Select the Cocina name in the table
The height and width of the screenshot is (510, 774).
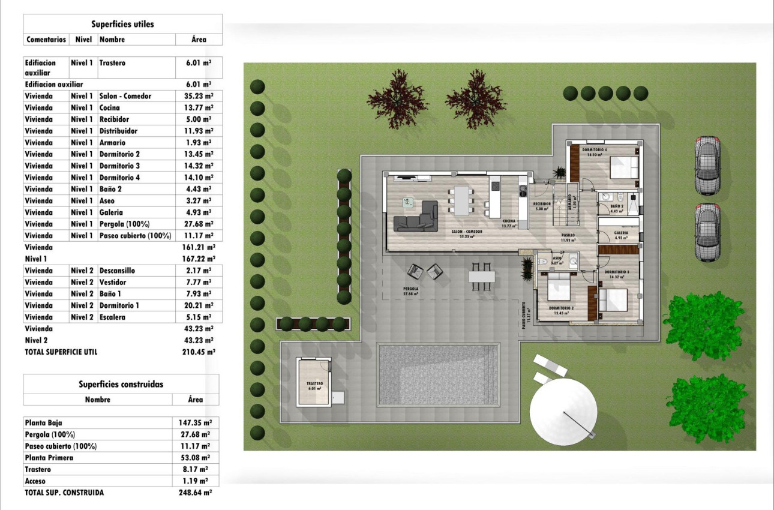click(x=110, y=108)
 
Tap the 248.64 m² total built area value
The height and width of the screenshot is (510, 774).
click(x=198, y=493)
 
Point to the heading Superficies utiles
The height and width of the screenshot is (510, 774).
click(x=122, y=25)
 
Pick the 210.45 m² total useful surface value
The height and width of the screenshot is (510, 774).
click(x=198, y=352)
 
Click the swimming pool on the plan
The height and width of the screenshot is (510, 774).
click(x=439, y=375)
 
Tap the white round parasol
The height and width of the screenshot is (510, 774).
click(x=563, y=410)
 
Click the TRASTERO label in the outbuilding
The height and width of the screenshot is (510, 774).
click(x=314, y=383)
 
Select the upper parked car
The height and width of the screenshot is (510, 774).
click(x=707, y=165)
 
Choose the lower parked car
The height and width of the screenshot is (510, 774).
click(x=707, y=232)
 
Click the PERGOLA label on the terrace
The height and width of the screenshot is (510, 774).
click(x=411, y=289)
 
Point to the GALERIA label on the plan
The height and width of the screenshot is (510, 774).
click(x=621, y=233)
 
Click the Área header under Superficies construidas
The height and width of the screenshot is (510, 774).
click(x=195, y=400)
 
